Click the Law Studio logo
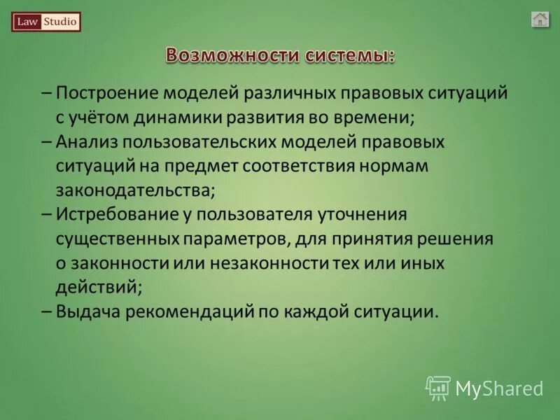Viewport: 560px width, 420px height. coord(46,22)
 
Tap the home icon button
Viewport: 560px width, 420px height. coord(540,20)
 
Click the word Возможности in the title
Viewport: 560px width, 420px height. coord(232,55)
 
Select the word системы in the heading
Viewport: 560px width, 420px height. coord(349,55)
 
